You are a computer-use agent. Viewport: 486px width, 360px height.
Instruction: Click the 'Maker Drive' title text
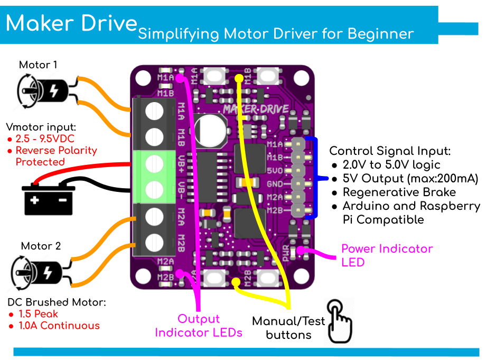click(71, 23)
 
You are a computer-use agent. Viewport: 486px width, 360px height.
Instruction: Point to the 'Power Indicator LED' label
click(387, 255)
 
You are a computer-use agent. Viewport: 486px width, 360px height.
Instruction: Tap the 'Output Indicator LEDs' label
click(199, 326)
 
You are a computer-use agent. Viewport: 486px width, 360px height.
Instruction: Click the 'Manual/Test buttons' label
click(288, 328)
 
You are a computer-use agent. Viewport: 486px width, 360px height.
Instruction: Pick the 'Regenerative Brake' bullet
click(399, 192)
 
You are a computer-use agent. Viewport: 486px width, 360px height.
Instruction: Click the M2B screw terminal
click(155, 241)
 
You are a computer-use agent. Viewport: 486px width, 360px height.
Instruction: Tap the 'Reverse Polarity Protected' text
click(56, 156)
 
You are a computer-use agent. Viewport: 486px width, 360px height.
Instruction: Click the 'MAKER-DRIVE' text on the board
click(256, 109)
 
